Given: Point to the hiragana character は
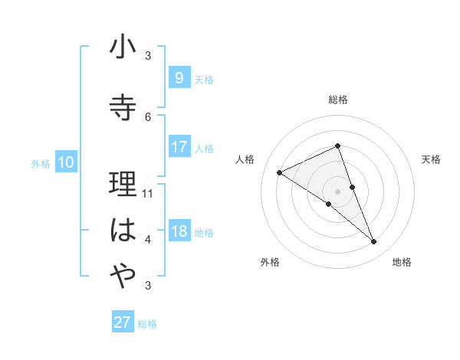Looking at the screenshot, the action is [123, 231].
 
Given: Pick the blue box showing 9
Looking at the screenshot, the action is [179, 77].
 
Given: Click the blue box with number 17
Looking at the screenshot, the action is [179, 146].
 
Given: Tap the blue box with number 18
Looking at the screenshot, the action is [179, 231].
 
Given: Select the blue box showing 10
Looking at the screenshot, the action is [65, 162].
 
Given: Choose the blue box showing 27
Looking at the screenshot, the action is [122, 322].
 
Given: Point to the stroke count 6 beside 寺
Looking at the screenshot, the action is [148, 116].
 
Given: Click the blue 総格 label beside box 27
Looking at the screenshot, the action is [147, 324].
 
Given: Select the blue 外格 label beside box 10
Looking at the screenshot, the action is [41, 163].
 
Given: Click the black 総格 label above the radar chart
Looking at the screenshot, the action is [338, 100].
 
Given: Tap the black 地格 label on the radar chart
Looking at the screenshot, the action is [402, 262].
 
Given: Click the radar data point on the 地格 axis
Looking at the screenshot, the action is [374, 242].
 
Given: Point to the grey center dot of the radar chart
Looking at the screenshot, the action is [338, 191].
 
